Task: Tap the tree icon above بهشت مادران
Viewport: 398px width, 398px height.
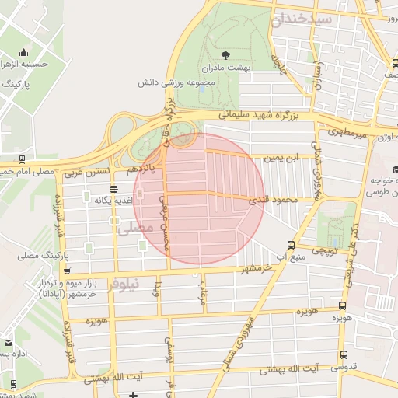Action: pos(225,54)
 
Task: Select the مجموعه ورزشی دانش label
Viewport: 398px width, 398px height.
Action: pos(176,81)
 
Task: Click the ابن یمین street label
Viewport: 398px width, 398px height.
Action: pos(281,158)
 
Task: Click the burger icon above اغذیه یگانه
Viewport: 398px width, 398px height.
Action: pos(114,189)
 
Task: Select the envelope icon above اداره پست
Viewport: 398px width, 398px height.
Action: pos(8,343)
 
